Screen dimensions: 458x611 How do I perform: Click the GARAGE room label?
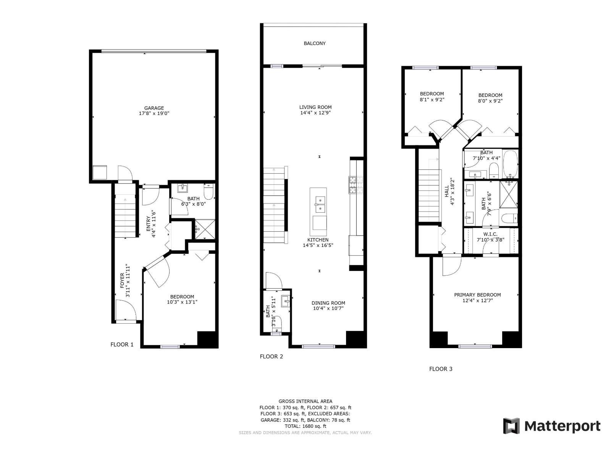click(x=154, y=108)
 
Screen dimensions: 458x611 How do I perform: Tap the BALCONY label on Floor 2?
click(x=315, y=44)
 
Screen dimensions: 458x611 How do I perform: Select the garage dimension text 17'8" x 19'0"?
click(x=154, y=113)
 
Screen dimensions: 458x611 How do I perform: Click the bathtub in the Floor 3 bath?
click(x=510, y=164)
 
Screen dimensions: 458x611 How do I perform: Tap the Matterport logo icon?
click(x=511, y=426)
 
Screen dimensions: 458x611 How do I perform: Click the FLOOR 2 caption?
click(x=272, y=356)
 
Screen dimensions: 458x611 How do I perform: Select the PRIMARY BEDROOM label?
click(x=477, y=295)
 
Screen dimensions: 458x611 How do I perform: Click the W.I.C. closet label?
click(x=490, y=234)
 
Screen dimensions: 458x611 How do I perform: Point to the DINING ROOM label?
click(x=328, y=303)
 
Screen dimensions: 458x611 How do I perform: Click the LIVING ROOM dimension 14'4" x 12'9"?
click(x=315, y=113)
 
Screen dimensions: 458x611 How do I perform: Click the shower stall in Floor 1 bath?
click(x=204, y=229)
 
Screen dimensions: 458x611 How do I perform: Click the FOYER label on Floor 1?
click(x=122, y=281)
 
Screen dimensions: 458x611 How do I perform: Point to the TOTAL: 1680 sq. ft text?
click(x=305, y=426)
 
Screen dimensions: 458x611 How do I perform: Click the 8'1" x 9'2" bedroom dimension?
click(x=432, y=99)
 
